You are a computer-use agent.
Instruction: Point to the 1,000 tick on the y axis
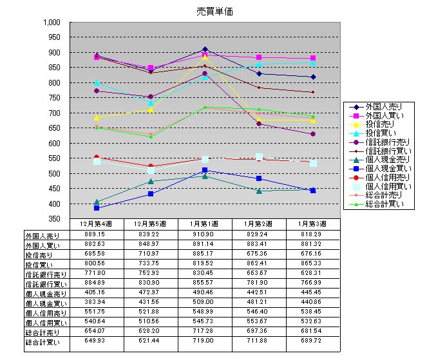pyautogui.click(x=52, y=22)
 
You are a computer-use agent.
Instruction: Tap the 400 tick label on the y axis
pyautogui.click(x=54, y=204)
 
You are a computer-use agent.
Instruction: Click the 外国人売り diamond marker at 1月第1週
pyautogui.click(x=205, y=49)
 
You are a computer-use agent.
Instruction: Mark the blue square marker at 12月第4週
pyautogui.click(x=97, y=208)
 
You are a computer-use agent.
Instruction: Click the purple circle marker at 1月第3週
pyautogui.click(x=312, y=134)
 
